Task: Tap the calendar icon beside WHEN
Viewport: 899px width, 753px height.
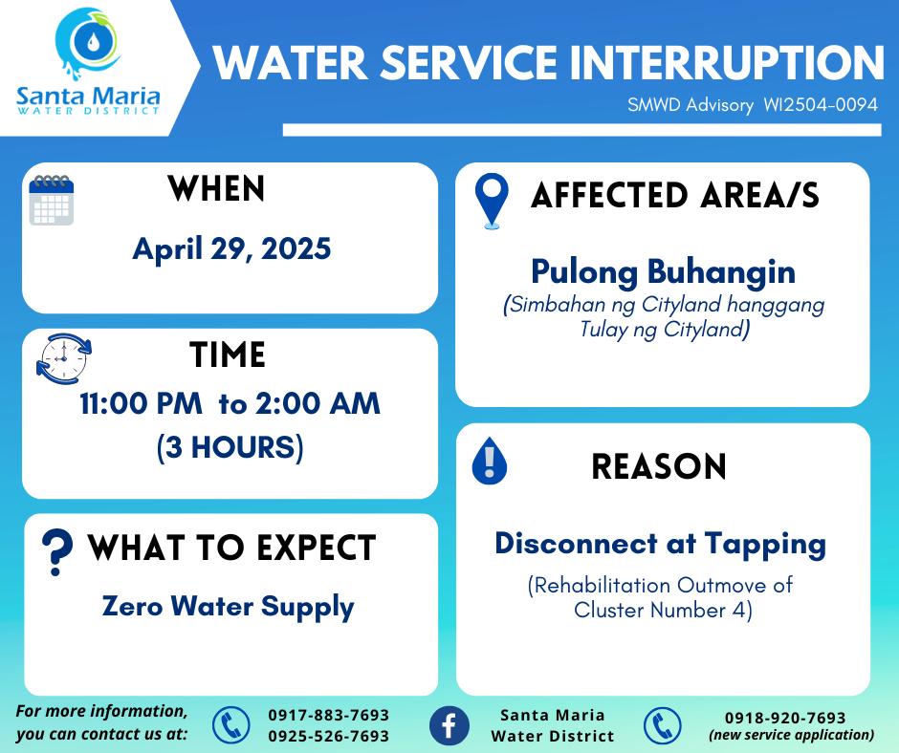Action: pyautogui.click(x=52, y=200)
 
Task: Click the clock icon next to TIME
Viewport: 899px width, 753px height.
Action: pyautogui.click(x=64, y=358)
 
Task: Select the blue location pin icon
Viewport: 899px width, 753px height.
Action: pyautogui.click(x=492, y=201)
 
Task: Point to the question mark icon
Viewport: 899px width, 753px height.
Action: pyautogui.click(x=56, y=551)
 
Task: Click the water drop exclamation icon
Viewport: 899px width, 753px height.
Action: pyautogui.click(x=489, y=461)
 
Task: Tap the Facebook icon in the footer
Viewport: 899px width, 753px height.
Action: pyautogui.click(x=449, y=725)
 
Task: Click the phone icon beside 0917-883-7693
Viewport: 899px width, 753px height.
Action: pyautogui.click(x=231, y=725)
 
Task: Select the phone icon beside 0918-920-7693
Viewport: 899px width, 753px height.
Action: pyautogui.click(x=662, y=725)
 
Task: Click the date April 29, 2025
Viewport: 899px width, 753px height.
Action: pyautogui.click(x=231, y=249)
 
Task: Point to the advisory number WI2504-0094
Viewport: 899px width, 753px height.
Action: pyautogui.click(x=821, y=104)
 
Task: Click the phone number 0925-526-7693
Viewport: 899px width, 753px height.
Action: pyautogui.click(x=329, y=736)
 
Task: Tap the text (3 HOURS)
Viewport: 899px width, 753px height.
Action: pyautogui.click(x=230, y=447)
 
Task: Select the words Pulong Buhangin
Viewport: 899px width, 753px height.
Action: pyautogui.click(x=664, y=272)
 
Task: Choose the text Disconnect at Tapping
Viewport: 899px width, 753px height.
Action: pyautogui.click(x=661, y=545)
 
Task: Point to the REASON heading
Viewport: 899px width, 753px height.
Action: pyautogui.click(x=659, y=466)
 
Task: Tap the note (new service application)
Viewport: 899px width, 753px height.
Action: pyautogui.click(x=792, y=735)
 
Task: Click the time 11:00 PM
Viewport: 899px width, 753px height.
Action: pyautogui.click(x=141, y=403)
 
